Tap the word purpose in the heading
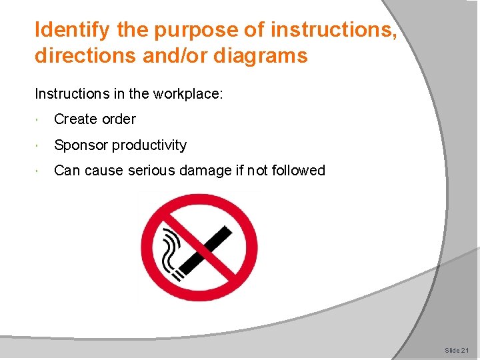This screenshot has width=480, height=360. (x=199, y=30)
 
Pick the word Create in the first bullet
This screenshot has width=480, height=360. (x=75, y=119)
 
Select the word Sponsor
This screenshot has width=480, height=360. (x=81, y=145)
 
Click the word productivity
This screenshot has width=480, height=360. (x=149, y=145)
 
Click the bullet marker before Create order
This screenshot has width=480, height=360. (x=41, y=120)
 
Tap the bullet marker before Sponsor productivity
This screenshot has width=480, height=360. (x=41, y=146)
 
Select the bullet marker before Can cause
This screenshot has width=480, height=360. (x=41, y=171)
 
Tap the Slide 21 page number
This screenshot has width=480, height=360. (x=457, y=350)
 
